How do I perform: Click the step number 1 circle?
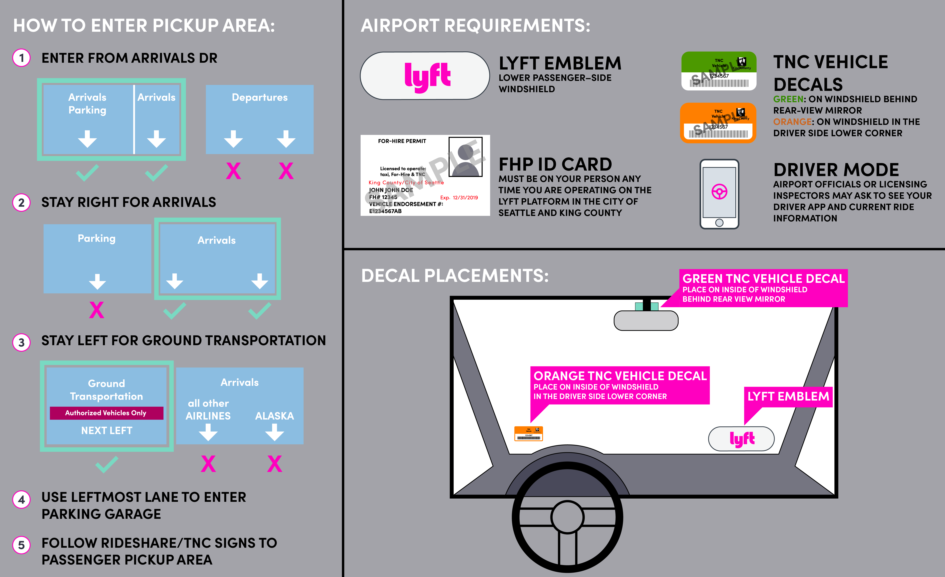(22, 58)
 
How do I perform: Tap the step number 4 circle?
(22, 500)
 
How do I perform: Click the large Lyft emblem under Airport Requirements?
(425, 76)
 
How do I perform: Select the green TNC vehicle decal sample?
(719, 71)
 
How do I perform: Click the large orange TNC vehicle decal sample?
(718, 123)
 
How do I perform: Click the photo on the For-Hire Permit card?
(465, 156)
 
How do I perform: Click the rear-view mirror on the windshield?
(646, 320)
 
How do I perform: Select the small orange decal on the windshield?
(528, 434)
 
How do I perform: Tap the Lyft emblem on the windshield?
(741, 439)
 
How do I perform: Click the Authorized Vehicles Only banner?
(106, 413)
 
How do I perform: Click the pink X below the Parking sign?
(97, 310)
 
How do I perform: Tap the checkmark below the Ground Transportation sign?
(107, 464)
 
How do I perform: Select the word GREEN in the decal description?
(788, 99)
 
